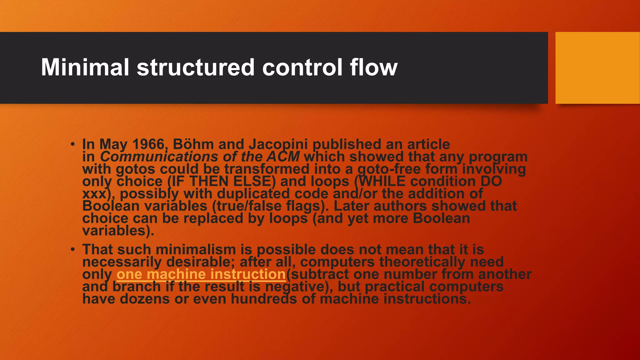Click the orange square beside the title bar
(597, 68)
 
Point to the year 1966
(148, 144)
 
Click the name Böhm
(193, 144)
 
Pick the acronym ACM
(283, 157)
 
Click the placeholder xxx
(94, 194)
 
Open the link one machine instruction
(201, 274)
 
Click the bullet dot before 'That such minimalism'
(72, 250)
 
